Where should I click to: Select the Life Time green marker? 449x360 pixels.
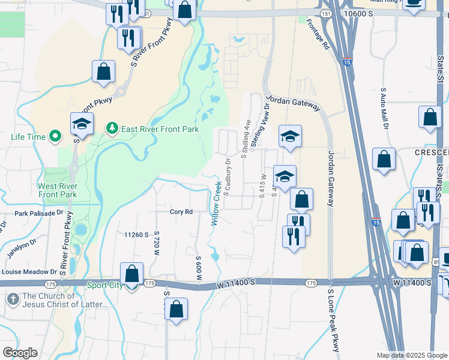[56, 137]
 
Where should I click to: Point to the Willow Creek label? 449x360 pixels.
[215, 204]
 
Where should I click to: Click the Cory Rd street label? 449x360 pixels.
[181, 212]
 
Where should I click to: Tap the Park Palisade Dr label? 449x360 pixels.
[39, 213]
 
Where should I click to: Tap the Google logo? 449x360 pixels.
[20, 353]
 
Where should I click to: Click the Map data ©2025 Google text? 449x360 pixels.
[411, 355]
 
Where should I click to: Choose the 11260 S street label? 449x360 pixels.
[136, 235]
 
